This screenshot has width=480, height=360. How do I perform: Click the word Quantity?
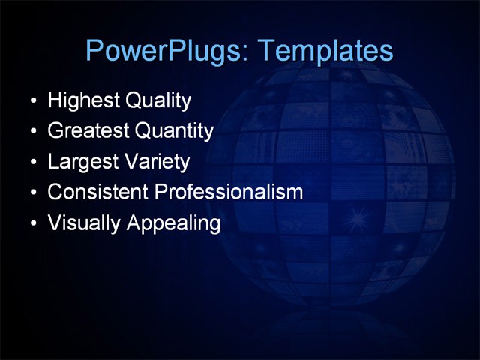[174, 131]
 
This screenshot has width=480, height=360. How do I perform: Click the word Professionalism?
[229, 192]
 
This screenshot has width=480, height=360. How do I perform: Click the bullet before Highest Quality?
[33, 101]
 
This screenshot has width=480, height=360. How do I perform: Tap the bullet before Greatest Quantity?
[33, 132]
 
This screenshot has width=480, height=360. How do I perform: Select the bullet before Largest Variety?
[33, 163]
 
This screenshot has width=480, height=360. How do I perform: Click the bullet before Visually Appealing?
[33, 224]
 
